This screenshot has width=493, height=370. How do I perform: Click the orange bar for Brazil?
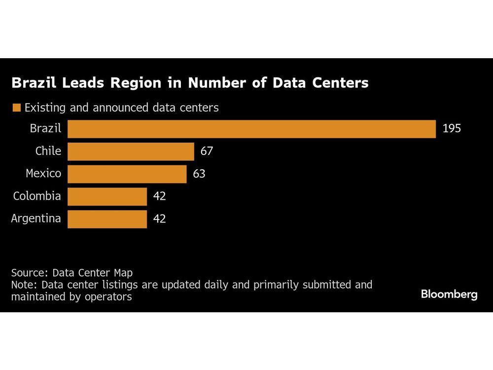pos(251,129)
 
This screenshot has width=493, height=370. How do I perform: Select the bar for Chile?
pos(131,151)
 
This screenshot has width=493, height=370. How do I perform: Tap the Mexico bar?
pos(127,174)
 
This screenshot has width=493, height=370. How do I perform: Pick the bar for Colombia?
pos(107,196)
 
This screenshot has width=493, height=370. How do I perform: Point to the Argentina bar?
pos(107,219)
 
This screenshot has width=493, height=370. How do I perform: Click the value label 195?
pos(452,129)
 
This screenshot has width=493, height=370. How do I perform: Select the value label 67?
pos(207,151)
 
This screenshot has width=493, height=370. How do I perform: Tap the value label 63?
pos(199,174)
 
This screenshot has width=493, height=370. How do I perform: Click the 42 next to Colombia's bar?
pos(159,196)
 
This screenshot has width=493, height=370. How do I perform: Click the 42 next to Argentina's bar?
pos(159,219)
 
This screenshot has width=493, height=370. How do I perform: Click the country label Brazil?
pos(45,129)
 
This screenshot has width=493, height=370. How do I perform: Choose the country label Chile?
pos(48,151)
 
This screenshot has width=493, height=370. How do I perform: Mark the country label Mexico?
pos(43,174)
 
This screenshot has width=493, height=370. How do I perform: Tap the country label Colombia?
pos(37,196)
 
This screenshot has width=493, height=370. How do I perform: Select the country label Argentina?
pos(36,219)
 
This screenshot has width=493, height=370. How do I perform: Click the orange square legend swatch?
pos(17,108)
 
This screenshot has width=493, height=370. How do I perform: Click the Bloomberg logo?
pos(449,295)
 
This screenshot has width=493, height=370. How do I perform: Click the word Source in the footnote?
pos(29,273)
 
